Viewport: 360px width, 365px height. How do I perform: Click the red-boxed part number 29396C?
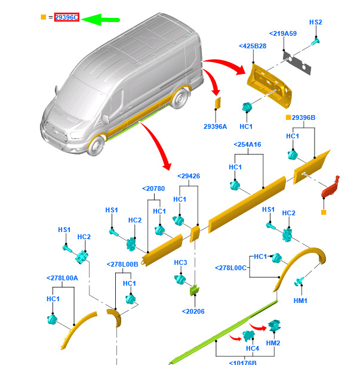[x=66, y=17]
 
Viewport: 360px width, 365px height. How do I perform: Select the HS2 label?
[x=315, y=22]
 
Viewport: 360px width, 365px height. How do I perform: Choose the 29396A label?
[x=215, y=126]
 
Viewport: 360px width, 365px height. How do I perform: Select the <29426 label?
[x=189, y=176]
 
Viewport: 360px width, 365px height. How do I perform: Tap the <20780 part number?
[x=153, y=188]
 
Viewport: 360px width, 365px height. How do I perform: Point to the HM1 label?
[x=300, y=301]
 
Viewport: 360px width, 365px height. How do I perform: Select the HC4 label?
[x=253, y=348]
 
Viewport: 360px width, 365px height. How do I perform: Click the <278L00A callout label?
[x=62, y=278]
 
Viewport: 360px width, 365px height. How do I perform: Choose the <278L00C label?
[x=231, y=268]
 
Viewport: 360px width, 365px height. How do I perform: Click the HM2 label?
[x=273, y=343]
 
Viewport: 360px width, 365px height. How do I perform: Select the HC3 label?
[x=181, y=262]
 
